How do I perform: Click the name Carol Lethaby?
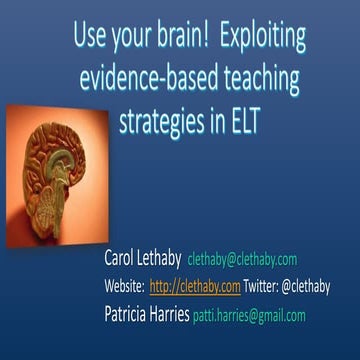tap(142, 260)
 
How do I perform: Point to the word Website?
tap(124, 287)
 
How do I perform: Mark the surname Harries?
tap(191, 313)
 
